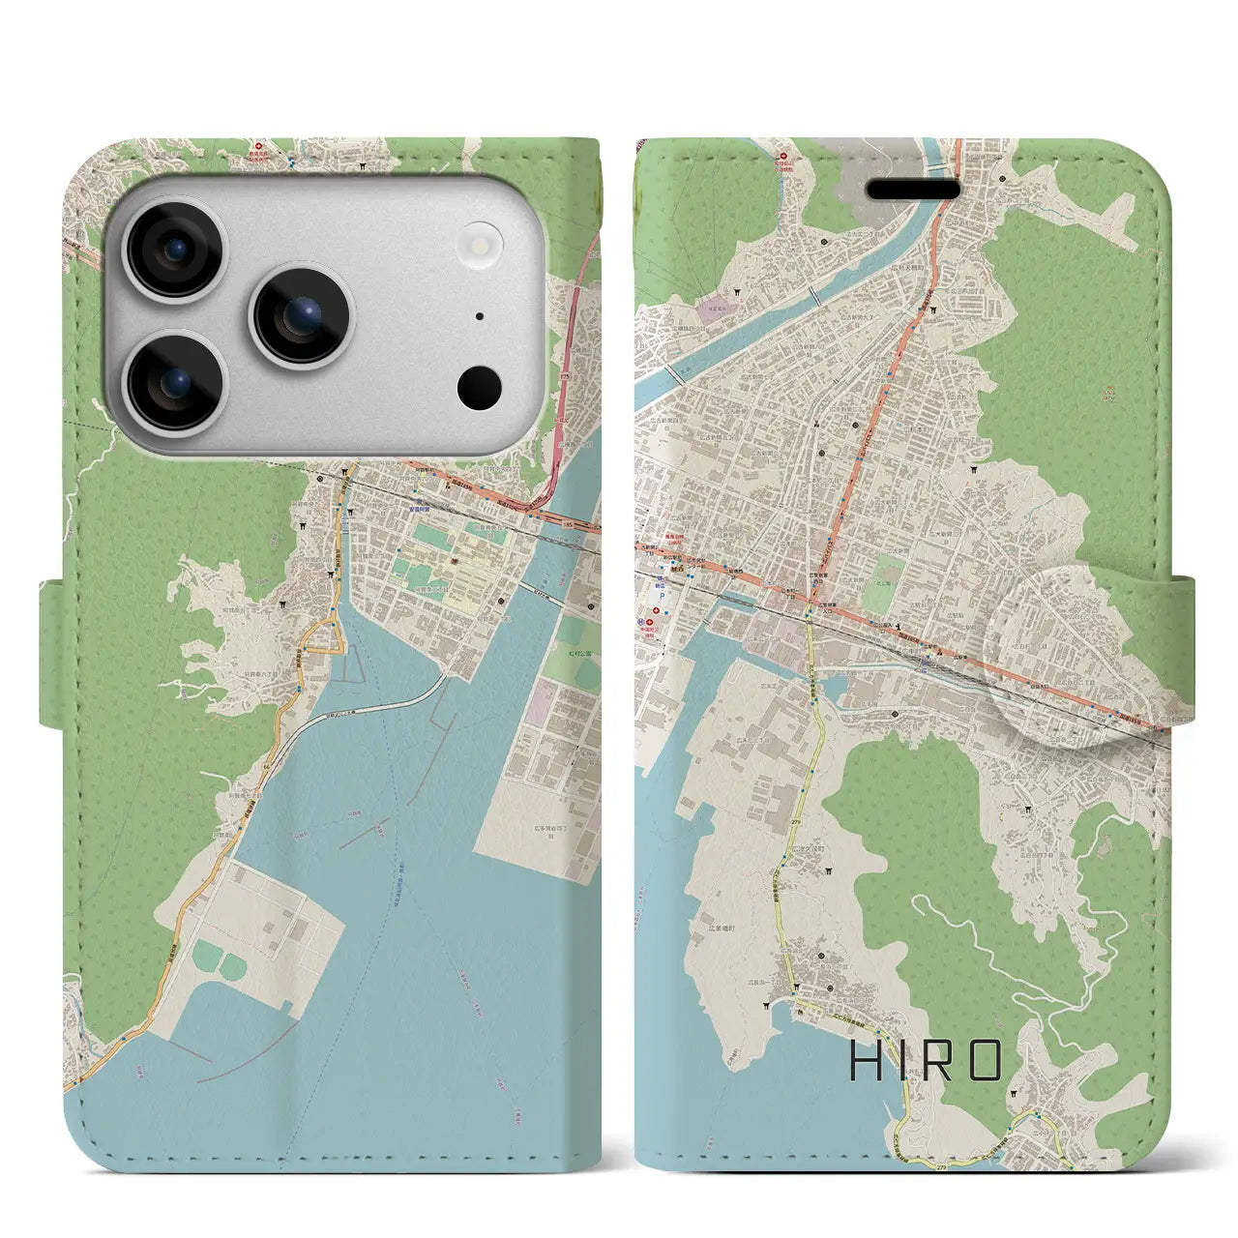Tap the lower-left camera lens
pos(178,381)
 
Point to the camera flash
pos(481,241)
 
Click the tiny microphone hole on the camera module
pos(481,316)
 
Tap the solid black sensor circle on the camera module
pos(480,388)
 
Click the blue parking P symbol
pos(661,596)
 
